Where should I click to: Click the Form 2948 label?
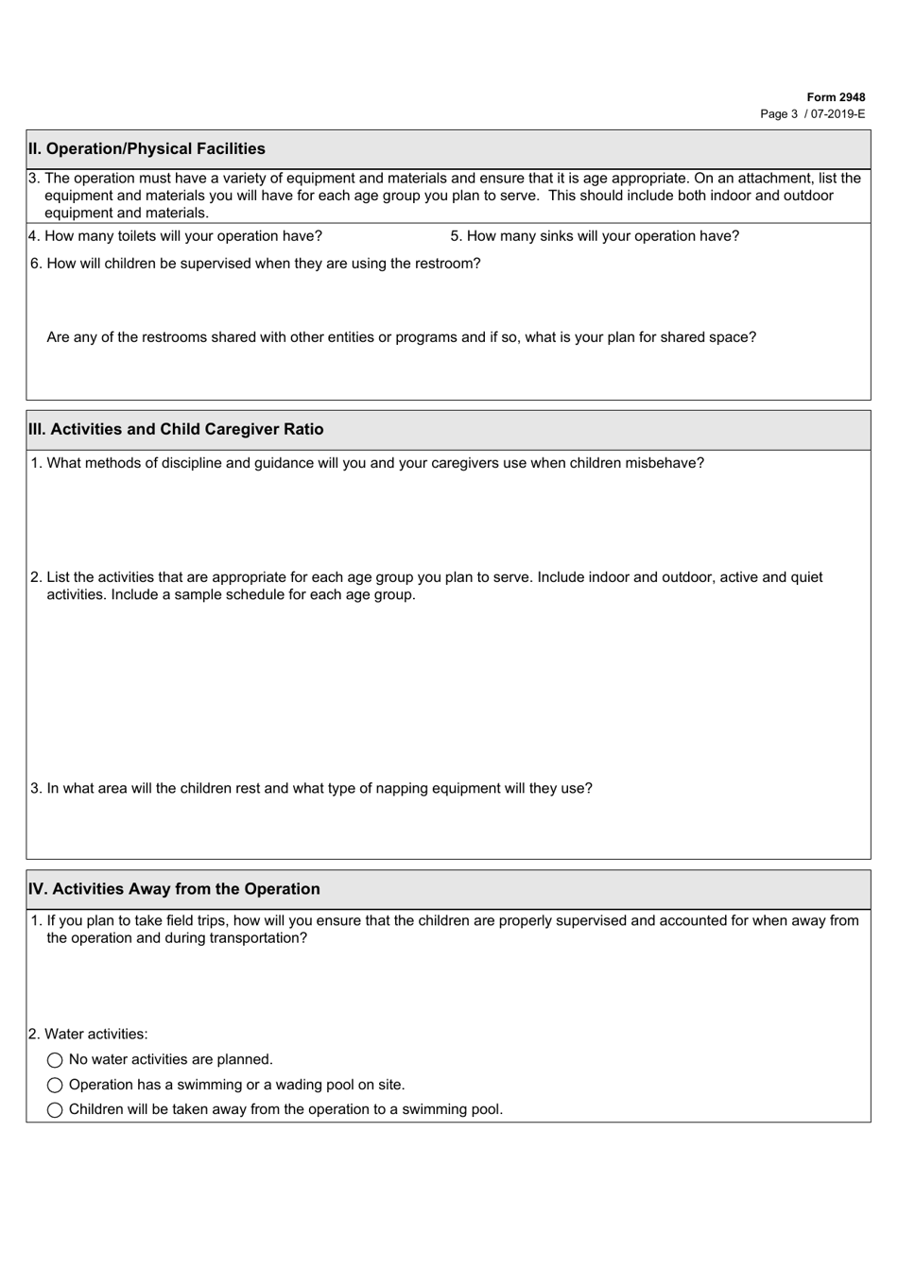pyautogui.click(x=836, y=97)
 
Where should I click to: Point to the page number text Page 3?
pyautogui.click(x=779, y=113)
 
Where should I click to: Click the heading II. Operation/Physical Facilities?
pyautogui.click(x=147, y=148)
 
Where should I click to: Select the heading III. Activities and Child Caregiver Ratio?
pyautogui.click(x=176, y=429)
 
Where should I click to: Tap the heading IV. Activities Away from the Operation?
pyautogui.click(x=174, y=889)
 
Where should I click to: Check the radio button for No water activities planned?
pyautogui.click(x=55, y=1061)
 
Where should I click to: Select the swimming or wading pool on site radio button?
pyautogui.click(x=55, y=1086)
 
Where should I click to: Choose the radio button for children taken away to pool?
pyautogui.click(x=55, y=1110)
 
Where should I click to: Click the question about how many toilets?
pyautogui.click(x=176, y=236)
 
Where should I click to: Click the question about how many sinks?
pyautogui.click(x=595, y=236)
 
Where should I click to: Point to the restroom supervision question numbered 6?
pyautogui.click(x=255, y=264)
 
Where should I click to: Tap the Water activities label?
pyautogui.click(x=89, y=1035)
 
